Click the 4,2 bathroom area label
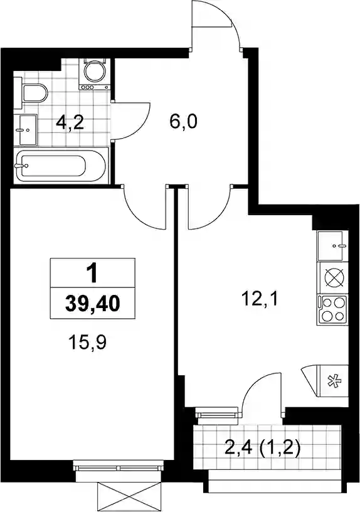click(70, 123)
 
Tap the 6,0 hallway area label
click(183, 122)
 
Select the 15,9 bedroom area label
click(87, 343)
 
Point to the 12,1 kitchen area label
click(260, 299)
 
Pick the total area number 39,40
click(92, 304)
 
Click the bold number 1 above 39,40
click(93, 273)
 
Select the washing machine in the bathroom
click(95, 73)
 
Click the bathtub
click(61, 165)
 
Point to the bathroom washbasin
click(26, 130)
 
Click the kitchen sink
click(331, 246)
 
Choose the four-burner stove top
click(331, 310)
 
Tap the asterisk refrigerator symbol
click(332, 381)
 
